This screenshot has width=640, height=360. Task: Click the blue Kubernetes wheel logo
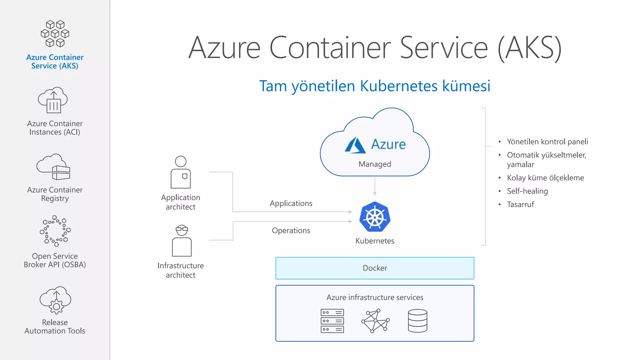click(x=375, y=217)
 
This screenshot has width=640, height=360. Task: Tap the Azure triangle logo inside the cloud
click(x=355, y=145)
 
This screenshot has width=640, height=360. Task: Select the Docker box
click(x=375, y=268)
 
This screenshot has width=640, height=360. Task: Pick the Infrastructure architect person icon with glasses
click(x=182, y=241)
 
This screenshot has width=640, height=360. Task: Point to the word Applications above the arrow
click(x=291, y=203)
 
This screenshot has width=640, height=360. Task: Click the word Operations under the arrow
click(x=291, y=231)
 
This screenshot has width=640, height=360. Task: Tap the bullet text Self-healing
click(x=527, y=191)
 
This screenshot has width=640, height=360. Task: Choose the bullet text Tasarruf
click(x=520, y=205)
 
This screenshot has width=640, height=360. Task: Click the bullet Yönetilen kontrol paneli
click(x=547, y=142)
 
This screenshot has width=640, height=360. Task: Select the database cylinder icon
click(x=417, y=321)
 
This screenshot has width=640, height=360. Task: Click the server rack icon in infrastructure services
click(x=332, y=321)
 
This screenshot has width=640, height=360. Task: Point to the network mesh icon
click(x=375, y=321)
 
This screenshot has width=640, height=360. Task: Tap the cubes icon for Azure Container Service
click(x=55, y=34)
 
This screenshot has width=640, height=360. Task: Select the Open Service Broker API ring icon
click(x=55, y=231)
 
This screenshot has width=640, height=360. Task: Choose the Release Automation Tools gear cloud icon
click(x=55, y=300)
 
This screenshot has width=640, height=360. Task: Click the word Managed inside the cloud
click(x=375, y=164)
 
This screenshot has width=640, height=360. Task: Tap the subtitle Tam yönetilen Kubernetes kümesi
click(x=375, y=86)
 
